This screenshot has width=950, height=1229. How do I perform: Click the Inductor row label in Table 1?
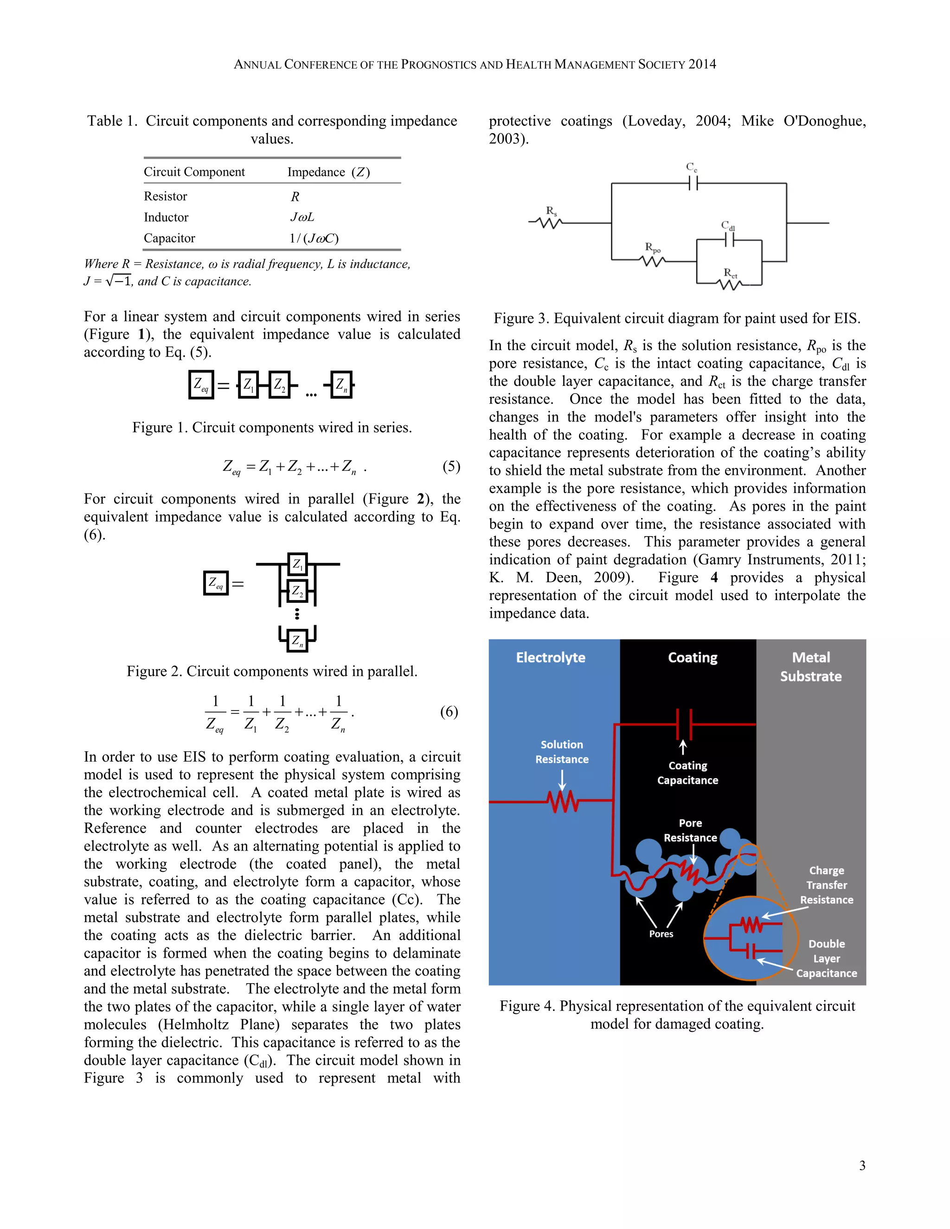[166, 217]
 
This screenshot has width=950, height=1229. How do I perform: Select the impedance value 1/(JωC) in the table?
[314, 238]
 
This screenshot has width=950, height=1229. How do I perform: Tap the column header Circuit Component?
[194, 172]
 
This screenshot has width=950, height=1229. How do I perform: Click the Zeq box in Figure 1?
[201, 385]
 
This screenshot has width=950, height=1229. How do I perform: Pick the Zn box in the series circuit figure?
[341, 385]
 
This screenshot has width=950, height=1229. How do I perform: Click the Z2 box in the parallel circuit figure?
[297, 591]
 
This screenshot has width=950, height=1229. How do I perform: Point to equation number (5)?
[451, 467]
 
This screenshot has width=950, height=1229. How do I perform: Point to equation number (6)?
[449, 712]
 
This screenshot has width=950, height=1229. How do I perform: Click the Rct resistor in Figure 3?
[731, 285]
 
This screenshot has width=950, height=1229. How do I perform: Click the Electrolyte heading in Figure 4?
[551, 657]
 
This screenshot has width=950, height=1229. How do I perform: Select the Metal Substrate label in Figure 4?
[810, 667]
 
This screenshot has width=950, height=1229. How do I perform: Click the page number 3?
[862, 1165]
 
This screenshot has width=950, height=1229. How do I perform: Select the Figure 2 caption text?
[272, 672]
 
